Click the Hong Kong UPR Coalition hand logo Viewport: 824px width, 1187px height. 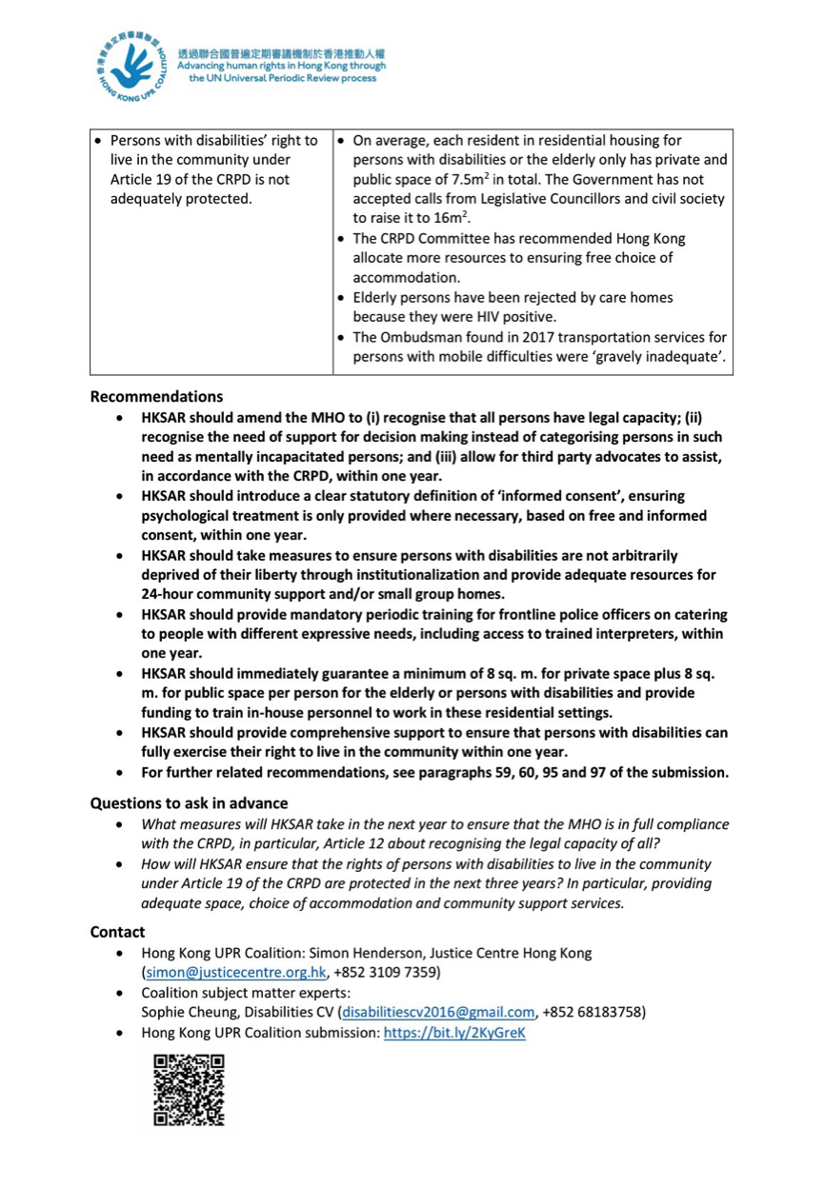point(132,67)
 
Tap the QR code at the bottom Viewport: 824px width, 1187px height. point(189,1090)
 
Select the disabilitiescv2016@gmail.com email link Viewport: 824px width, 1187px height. point(438,1012)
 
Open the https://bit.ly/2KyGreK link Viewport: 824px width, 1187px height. point(454,1032)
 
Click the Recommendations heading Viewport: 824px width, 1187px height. point(157,397)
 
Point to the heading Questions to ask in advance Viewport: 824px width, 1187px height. point(189,802)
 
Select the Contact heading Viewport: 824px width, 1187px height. point(118,932)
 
